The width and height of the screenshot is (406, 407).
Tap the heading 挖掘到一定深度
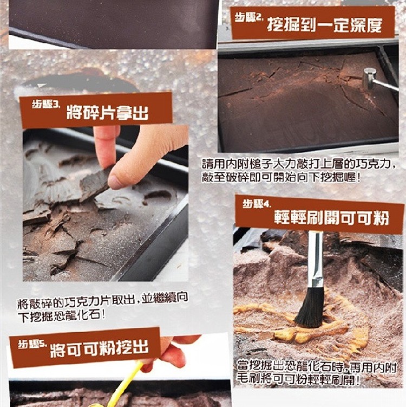[x=325, y=25]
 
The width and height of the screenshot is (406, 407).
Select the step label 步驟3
[x=46, y=104]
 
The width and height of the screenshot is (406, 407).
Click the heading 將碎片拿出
[x=107, y=112]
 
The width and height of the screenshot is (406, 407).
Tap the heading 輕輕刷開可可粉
[x=332, y=218]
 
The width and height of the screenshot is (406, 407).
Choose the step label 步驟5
[x=32, y=345]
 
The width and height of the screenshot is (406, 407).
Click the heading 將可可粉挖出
[x=99, y=348]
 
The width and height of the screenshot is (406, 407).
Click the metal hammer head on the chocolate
[x=369, y=77]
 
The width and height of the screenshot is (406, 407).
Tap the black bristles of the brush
[x=310, y=307]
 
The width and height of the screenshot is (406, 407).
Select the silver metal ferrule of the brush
[x=315, y=259]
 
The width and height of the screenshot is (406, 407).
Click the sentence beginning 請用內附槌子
[x=298, y=164]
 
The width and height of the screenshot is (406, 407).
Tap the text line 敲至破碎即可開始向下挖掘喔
[x=281, y=177]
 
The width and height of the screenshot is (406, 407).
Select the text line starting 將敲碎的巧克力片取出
[x=103, y=301]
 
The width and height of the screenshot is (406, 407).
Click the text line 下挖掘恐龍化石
[x=62, y=315]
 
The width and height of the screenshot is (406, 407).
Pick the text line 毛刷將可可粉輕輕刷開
[x=299, y=379]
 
